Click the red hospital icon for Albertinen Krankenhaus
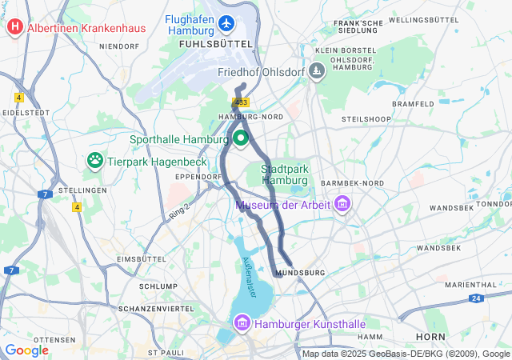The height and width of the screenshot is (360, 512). [14, 28]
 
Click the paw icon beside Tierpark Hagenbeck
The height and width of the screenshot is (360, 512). [95, 160]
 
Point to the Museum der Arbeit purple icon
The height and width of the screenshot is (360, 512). [343, 204]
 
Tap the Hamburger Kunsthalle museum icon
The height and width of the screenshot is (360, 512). [241, 323]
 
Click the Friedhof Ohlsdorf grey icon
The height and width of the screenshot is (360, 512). [317, 72]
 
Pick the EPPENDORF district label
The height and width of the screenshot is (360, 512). [188, 176]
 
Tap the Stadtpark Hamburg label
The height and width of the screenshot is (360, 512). [285, 174]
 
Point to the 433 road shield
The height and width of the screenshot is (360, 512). [242, 102]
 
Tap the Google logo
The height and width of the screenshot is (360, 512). [26, 350]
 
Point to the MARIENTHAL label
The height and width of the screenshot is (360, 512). [470, 284]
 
